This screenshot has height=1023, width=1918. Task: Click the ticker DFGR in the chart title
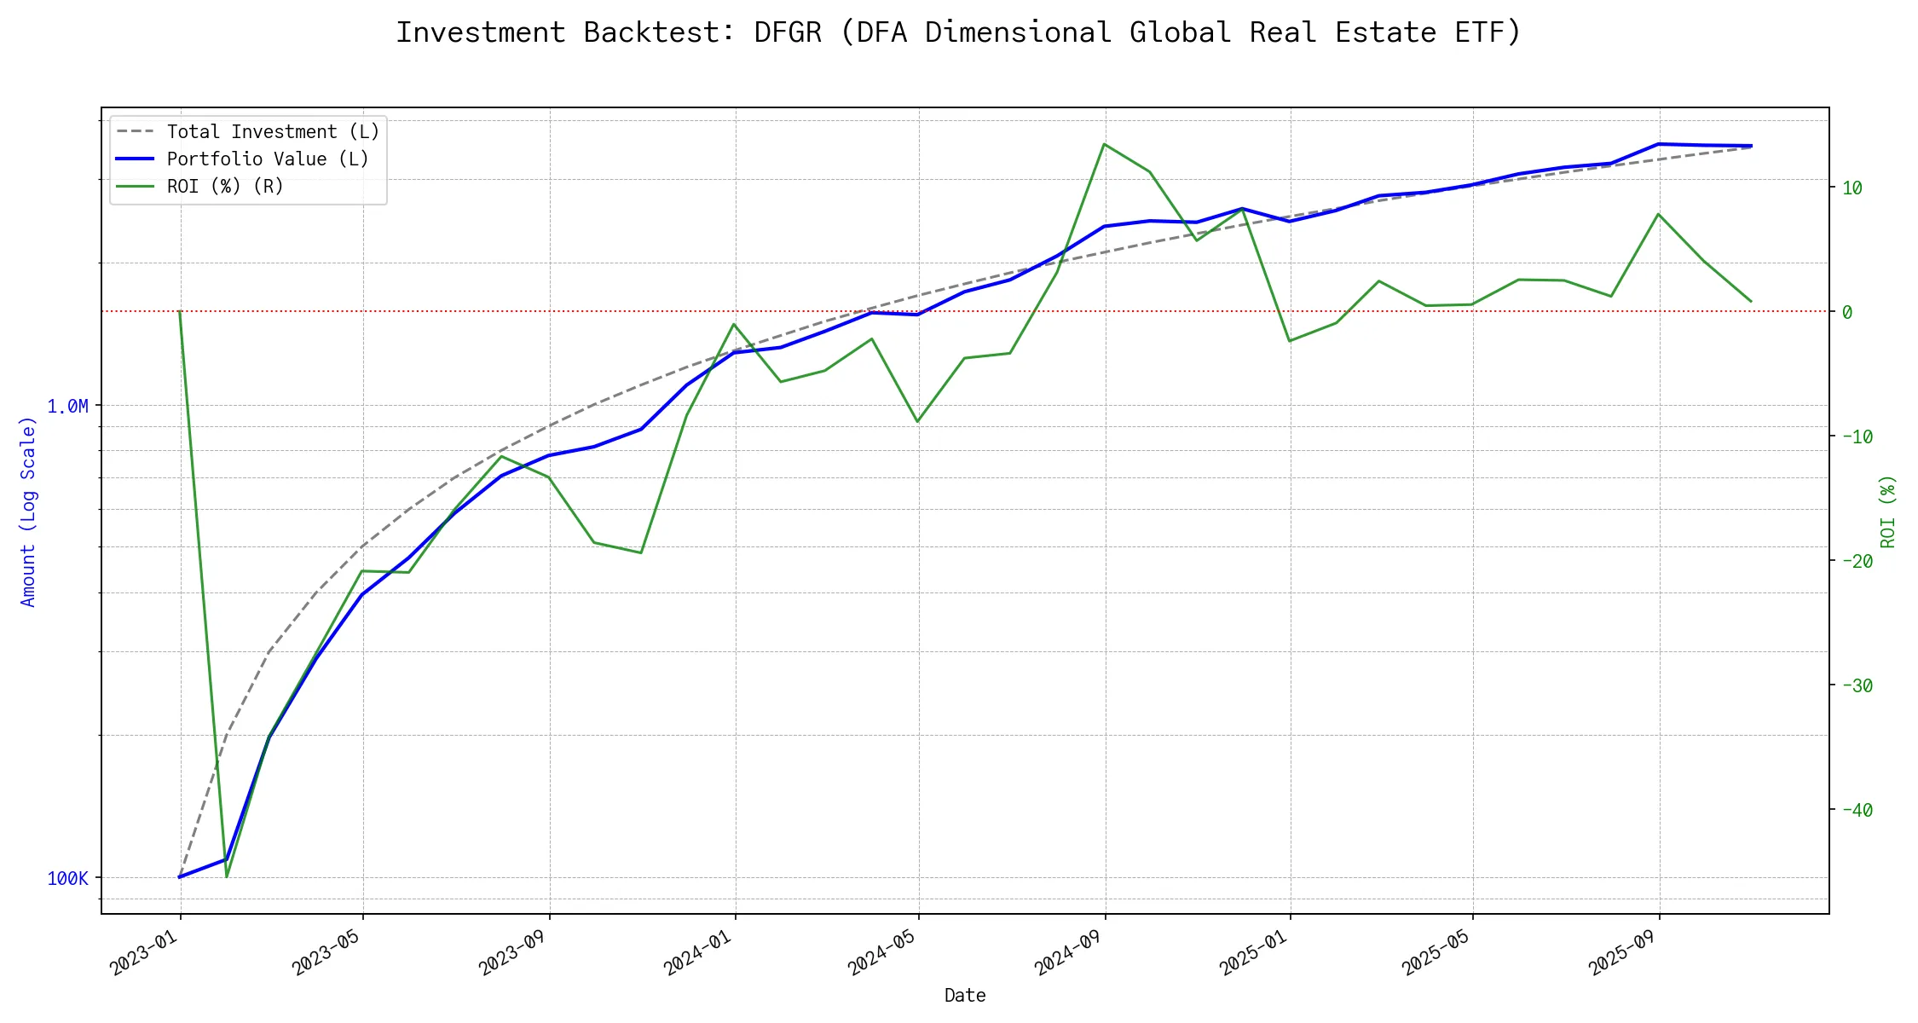coord(788,32)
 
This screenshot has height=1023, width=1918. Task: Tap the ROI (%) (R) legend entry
coord(225,187)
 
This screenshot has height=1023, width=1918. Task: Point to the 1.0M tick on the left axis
coord(68,407)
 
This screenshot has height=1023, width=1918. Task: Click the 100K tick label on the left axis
coord(68,879)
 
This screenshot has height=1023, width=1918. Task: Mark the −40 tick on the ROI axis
coord(1857,811)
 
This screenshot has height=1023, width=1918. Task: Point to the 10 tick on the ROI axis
coord(1852,188)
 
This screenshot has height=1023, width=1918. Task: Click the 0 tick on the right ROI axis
coord(1847,313)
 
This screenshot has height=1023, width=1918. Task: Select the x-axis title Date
coord(965,996)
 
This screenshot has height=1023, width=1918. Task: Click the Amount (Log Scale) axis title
coord(28,511)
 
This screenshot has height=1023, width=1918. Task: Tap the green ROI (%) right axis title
coord(1888,511)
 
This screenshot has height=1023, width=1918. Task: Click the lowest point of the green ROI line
coord(226,876)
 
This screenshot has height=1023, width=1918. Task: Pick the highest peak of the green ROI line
coord(1105,144)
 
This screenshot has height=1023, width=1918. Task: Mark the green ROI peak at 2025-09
coord(1658,214)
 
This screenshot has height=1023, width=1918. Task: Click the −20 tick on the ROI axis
coord(1857,562)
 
